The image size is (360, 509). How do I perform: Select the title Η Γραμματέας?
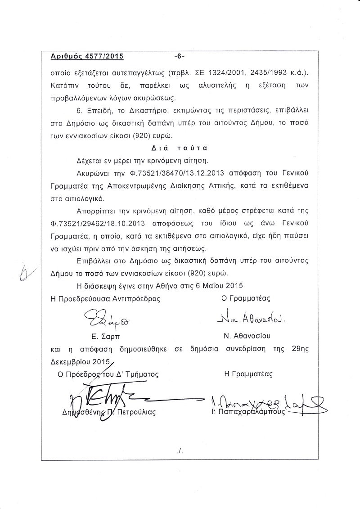(248, 374)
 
